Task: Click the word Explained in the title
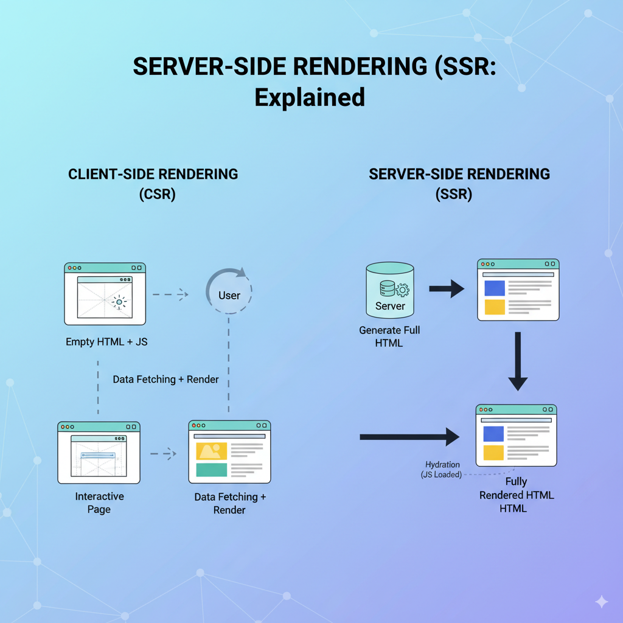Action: (310, 97)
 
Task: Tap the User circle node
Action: (229, 295)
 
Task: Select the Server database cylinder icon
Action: (390, 291)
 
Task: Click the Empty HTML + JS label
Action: (106, 342)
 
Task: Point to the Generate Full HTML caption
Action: (389, 336)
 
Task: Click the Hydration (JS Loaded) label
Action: (442, 470)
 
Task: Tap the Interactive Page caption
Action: (99, 503)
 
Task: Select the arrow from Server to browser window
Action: (447, 289)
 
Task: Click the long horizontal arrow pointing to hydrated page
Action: (409, 436)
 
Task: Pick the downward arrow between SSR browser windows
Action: (518, 361)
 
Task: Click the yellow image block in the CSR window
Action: (212, 451)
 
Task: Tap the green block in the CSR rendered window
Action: (212, 470)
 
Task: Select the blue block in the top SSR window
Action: (495, 288)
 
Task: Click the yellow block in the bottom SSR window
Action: (493, 453)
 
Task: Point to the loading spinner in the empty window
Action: (119, 301)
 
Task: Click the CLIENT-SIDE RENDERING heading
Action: (153, 174)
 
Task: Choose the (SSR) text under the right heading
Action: (454, 195)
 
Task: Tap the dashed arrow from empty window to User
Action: (170, 294)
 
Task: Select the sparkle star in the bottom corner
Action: (601, 602)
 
